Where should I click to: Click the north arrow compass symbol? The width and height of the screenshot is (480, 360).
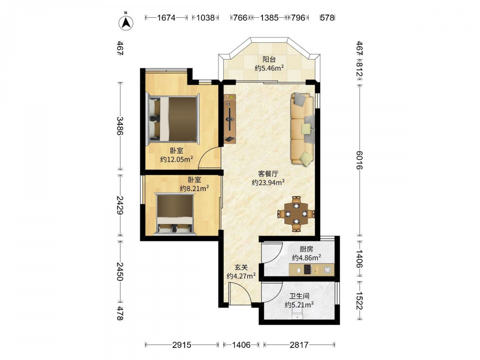click(x=126, y=22)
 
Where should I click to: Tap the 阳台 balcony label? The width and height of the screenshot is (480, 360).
click(x=269, y=60)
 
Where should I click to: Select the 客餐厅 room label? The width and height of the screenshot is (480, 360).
click(x=268, y=174)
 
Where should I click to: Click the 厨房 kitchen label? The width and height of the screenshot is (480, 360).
click(x=306, y=249)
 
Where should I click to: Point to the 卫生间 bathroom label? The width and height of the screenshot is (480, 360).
click(x=299, y=296)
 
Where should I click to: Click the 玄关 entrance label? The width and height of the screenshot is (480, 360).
click(x=241, y=267)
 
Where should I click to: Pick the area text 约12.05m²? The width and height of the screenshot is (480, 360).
click(x=177, y=159)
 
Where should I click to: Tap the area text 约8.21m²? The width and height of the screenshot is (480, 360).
click(x=194, y=188)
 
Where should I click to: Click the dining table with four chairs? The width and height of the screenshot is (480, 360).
click(x=296, y=214)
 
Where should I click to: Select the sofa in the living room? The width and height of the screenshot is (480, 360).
click(x=302, y=130)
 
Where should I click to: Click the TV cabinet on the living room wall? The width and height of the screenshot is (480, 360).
click(x=230, y=119)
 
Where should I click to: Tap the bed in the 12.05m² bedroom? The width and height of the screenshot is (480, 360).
click(x=173, y=119)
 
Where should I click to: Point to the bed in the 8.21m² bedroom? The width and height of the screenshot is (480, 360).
click(x=175, y=214)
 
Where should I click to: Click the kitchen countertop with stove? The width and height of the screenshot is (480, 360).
click(x=312, y=270)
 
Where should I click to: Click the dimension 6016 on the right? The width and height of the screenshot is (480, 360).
click(x=360, y=160)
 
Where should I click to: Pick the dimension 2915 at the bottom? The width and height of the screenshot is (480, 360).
click(x=181, y=345)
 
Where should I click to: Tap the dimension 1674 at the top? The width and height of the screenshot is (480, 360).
click(x=166, y=18)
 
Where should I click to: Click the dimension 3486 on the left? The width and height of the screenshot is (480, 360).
click(x=120, y=126)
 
